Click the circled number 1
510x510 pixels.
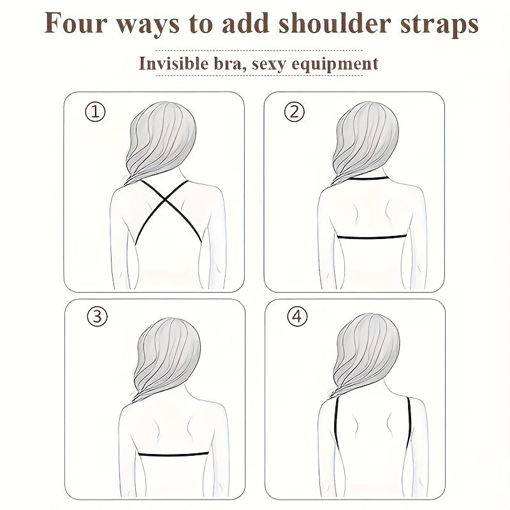point(95,112)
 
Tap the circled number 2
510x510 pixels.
point(294,112)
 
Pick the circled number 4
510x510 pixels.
point(296,317)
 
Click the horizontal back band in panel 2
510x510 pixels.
point(372,237)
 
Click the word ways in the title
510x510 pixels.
point(146,26)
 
